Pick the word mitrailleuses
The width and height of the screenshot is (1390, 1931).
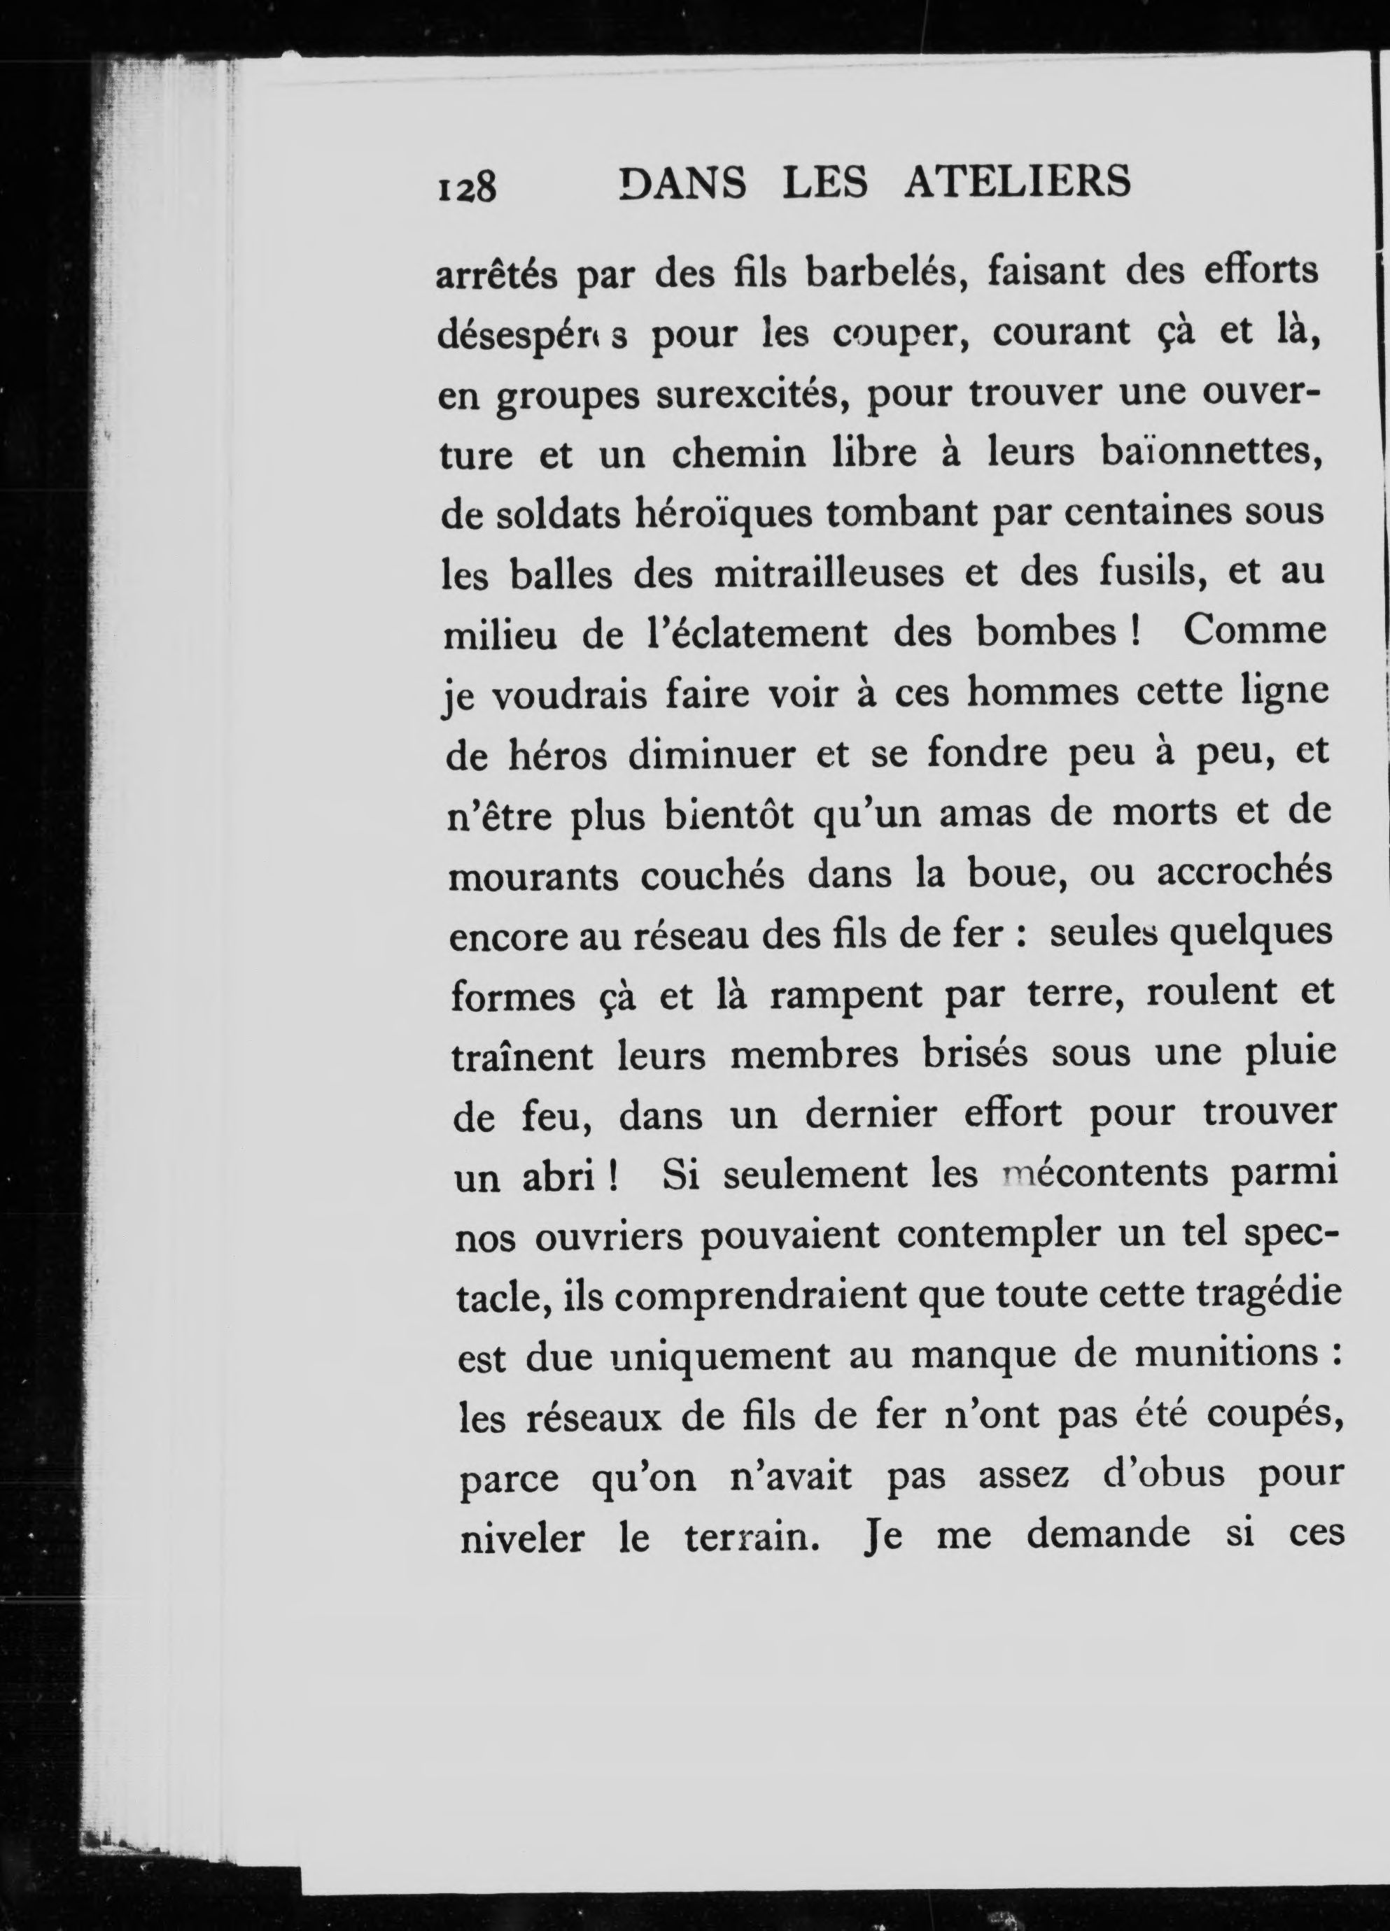tap(829, 573)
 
